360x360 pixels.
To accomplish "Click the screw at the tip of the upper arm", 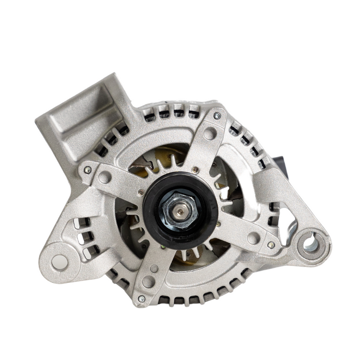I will [x=216, y=116].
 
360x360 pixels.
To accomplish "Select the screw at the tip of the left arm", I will [x=87, y=170].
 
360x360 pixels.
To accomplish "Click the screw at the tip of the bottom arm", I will [x=141, y=298].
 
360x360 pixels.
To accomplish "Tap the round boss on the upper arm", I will [x=210, y=133].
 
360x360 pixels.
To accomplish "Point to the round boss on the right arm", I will [x=253, y=238].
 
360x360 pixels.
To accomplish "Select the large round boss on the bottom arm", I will [x=148, y=281].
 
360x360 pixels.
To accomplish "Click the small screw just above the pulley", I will [x=195, y=170].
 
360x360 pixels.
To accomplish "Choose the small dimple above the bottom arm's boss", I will [x=154, y=268].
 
